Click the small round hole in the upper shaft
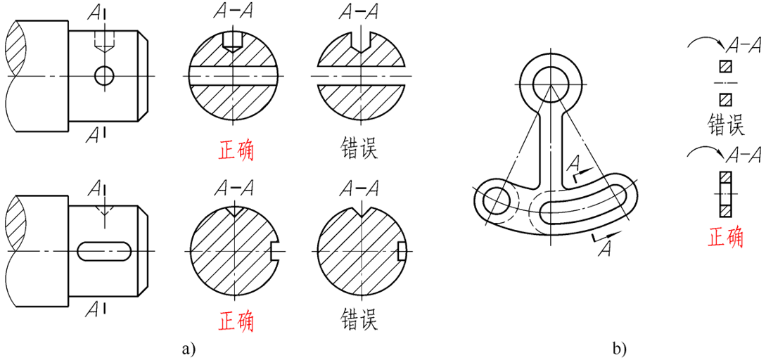[104, 75]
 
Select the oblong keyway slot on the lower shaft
[104, 250]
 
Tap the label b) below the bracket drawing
[619, 347]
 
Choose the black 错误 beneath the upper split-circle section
[359, 150]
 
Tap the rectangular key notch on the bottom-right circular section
[401, 250]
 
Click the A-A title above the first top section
[233, 12]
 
